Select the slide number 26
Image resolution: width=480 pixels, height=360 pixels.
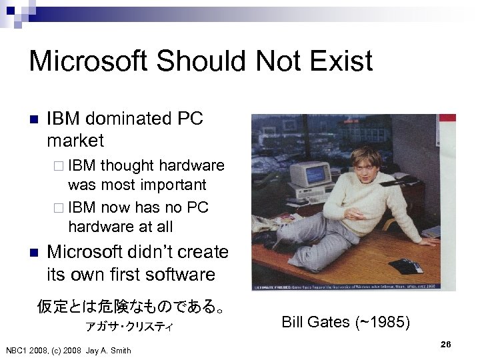pos(446,344)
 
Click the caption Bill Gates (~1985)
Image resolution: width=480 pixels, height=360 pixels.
pos(346,323)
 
